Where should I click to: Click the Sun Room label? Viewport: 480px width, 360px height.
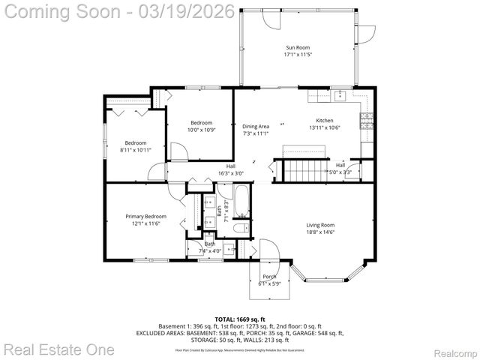click(297, 47)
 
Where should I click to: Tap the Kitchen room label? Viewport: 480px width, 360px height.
click(324, 121)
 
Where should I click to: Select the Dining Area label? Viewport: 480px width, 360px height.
click(255, 127)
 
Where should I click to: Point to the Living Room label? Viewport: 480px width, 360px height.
click(320, 225)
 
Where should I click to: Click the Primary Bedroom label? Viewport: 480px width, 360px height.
click(145, 217)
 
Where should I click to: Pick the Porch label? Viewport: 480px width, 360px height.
click(269, 277)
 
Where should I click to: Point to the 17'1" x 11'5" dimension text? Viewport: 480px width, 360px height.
click(297, 55)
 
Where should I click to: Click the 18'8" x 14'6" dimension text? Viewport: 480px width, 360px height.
click(320, 232)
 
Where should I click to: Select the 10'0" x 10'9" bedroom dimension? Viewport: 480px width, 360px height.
click(201, 130)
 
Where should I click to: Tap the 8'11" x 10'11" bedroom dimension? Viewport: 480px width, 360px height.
click(136, 150)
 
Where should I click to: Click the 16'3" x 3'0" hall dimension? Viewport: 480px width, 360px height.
click(231, 173)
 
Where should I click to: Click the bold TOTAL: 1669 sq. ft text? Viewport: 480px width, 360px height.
click(239, 319)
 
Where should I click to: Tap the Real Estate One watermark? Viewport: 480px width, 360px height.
click(58, 349)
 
